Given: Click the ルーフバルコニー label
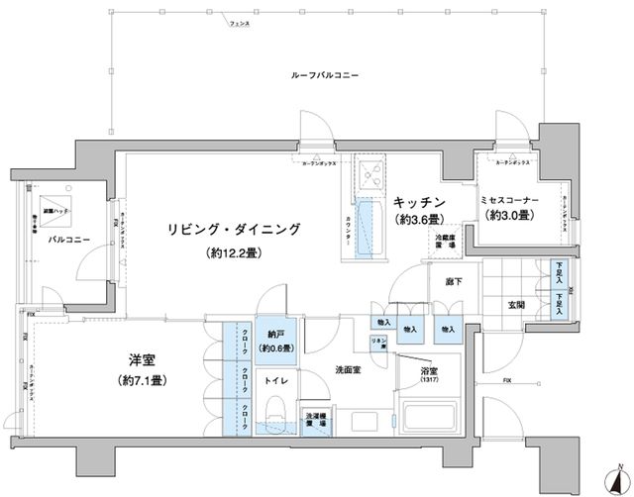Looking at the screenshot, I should (324, 76).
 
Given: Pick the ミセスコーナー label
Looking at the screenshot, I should (509, 200).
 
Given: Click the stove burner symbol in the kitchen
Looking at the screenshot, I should (374, 177).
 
